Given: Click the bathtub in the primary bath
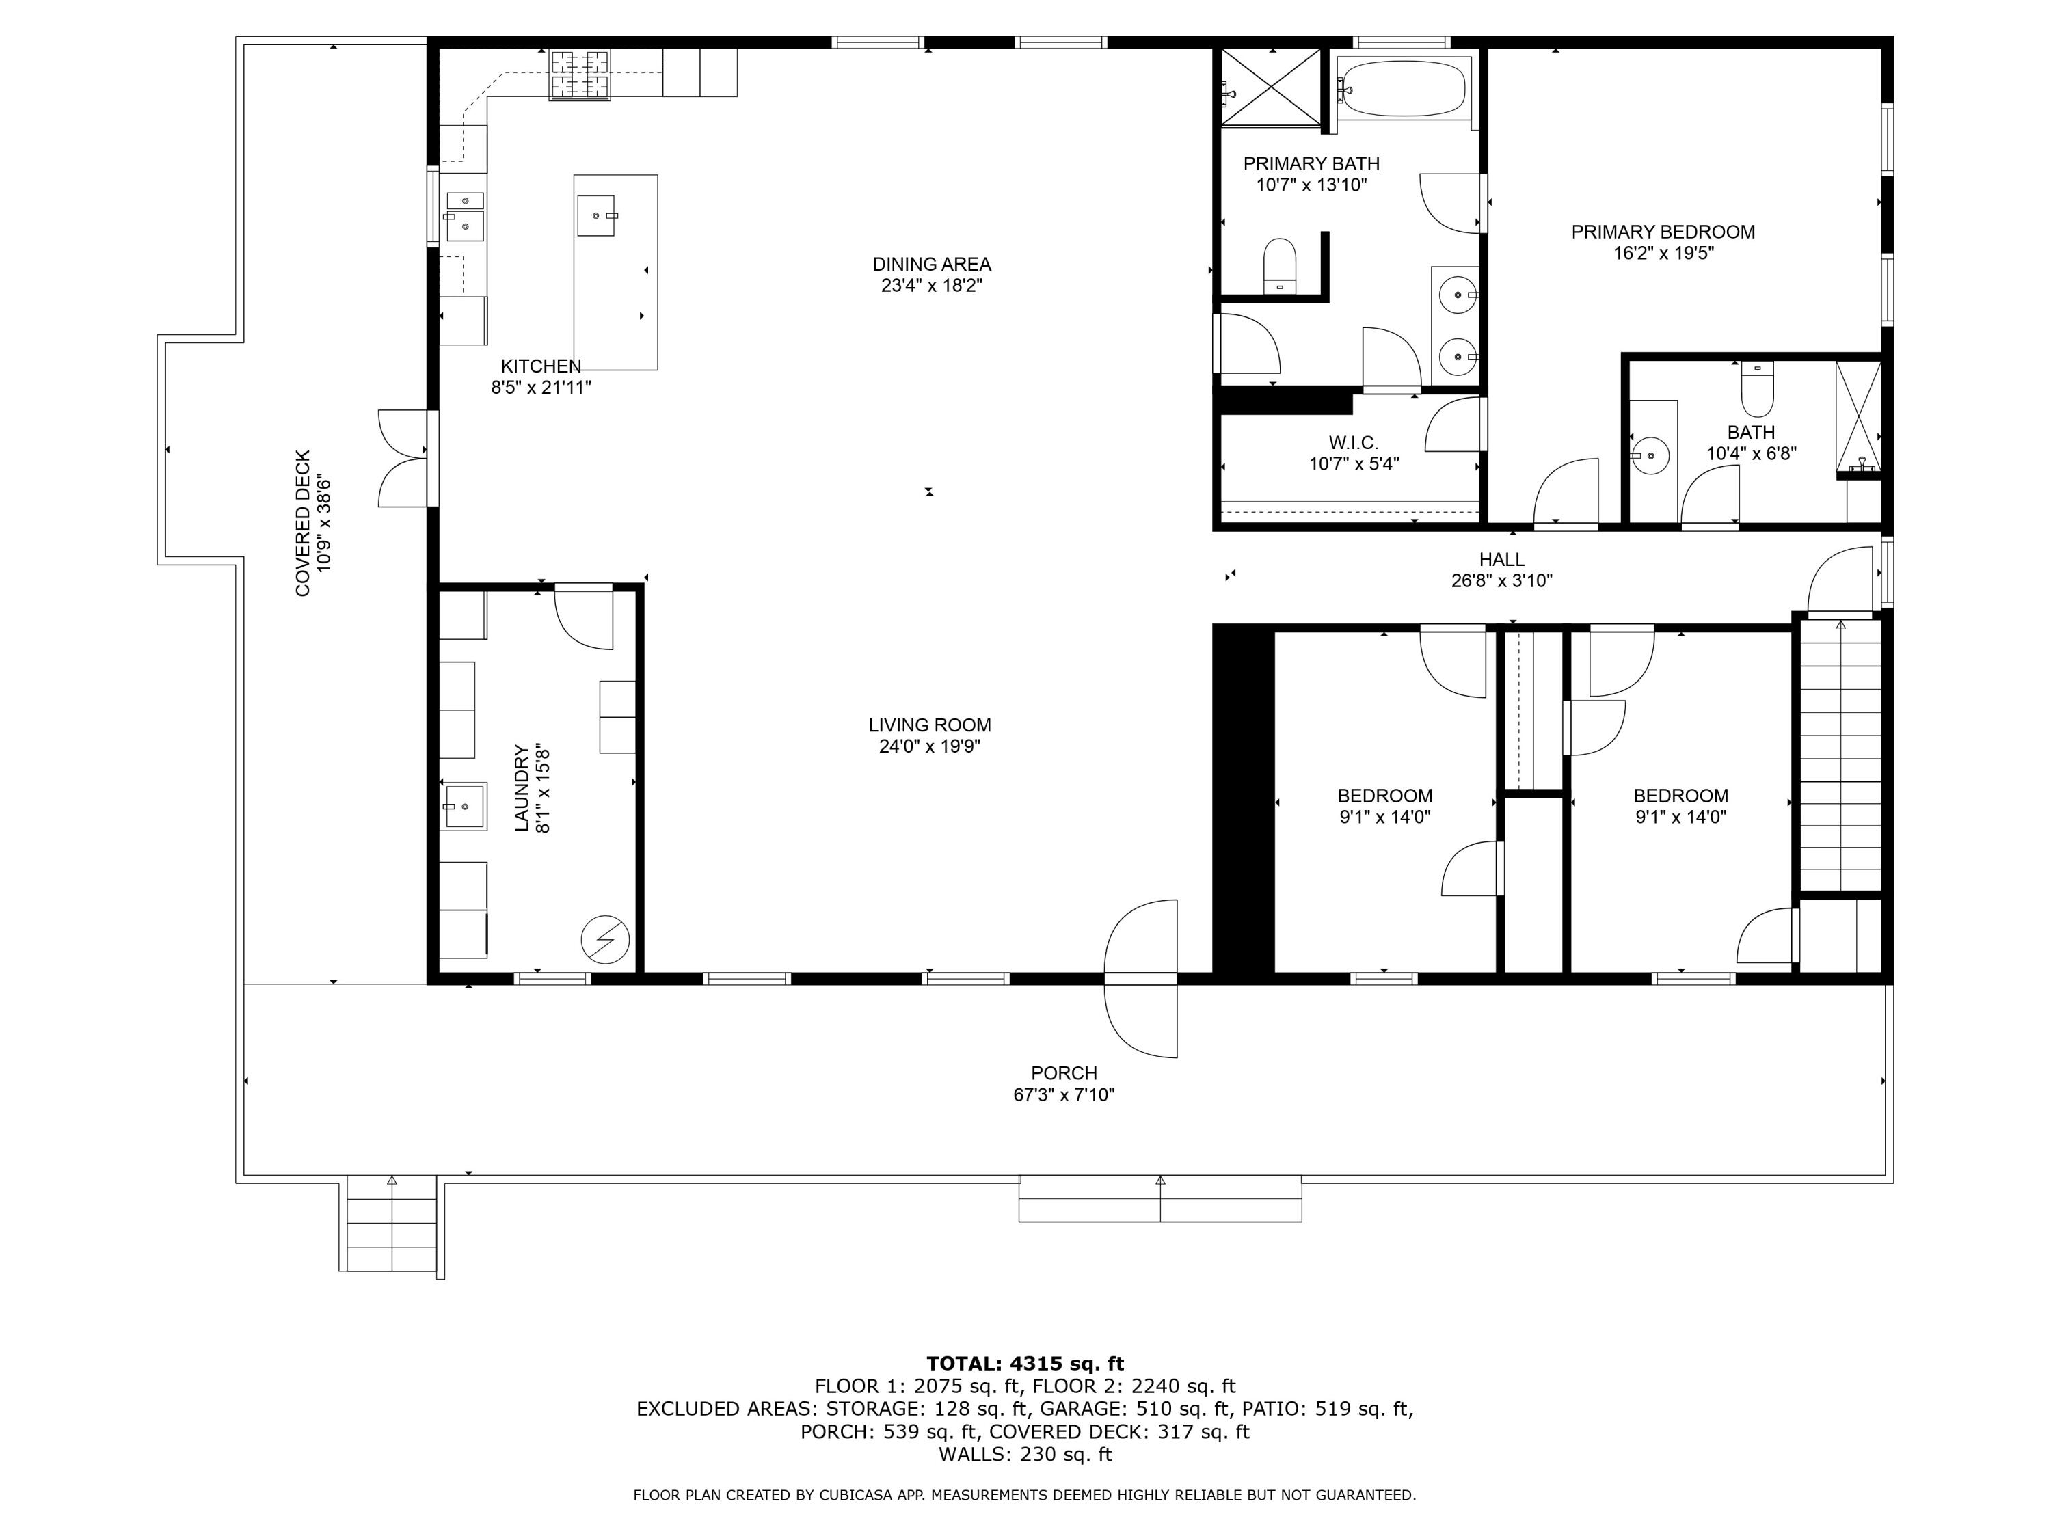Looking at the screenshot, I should (x=1404, y=89).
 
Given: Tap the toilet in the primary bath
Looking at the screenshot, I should (x=1280, y=265).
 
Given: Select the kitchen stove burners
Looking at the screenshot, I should (x=581, y=74).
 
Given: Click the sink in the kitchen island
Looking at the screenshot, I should (x=595, y=215).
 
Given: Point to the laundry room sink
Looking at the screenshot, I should (x=464, y=806).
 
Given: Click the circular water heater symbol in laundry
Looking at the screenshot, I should (x=604, y=940).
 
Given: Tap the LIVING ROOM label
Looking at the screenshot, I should (x=929, y=725).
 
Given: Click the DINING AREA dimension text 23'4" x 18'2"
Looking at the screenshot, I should (x=931, y=286).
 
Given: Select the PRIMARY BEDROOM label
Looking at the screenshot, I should (x=1663, y=232).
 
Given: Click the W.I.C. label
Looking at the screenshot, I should (x=1353, y=442).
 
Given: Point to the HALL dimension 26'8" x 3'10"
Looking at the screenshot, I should (x=1501, y=581).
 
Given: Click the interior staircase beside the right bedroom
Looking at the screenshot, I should (x=1840, y=755).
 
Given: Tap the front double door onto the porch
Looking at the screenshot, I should (x=1140, y=978).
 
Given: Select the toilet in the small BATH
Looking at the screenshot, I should (x=1757, y=390).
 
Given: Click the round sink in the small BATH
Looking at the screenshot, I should (x=1650, y=456).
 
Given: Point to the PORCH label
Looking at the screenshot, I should (x=1064, y=1072).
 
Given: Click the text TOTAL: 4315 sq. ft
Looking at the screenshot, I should (x=1025, y=1363).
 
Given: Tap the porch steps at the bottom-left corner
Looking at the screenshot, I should (x=391, y=1224).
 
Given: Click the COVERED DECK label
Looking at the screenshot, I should (x=303, y=523).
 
